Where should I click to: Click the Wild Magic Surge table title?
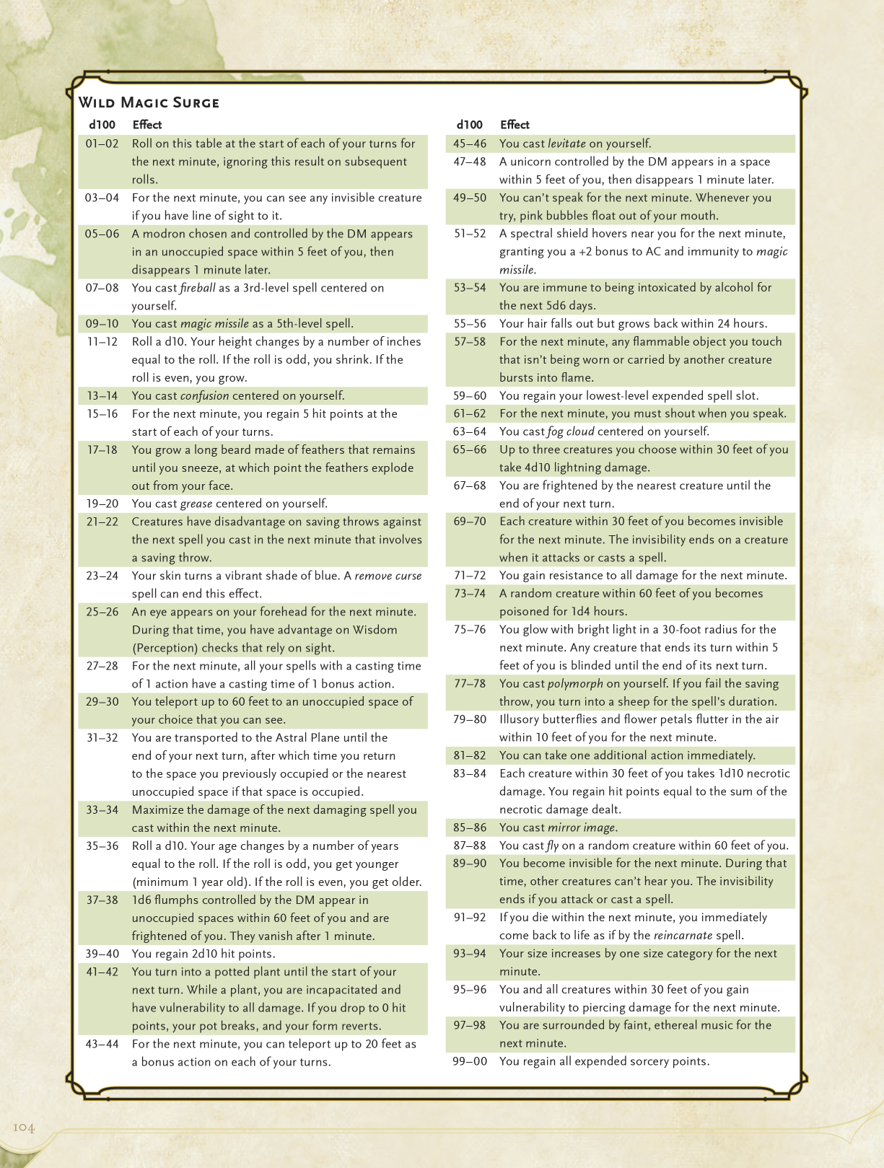click(x=149, y=102)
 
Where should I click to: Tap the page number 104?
click(x=24, y=1128)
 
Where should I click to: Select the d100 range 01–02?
click(x=102, y=144)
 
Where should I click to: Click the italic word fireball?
click(x=198, y=288)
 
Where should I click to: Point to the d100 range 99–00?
click(x=470, y=1061)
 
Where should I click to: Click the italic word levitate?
click(x=566, y=144)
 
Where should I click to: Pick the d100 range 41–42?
click(x=102, y=972)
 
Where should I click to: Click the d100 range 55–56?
click(x=470, y=323)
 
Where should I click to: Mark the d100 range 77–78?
click(x=470, y=683)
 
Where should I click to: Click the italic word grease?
click(x=196, y=504)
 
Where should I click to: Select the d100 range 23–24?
click(x=102, y=576)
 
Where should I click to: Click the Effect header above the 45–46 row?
click(x=515, y=125)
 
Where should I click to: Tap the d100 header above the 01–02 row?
click(x=102, y=125)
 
